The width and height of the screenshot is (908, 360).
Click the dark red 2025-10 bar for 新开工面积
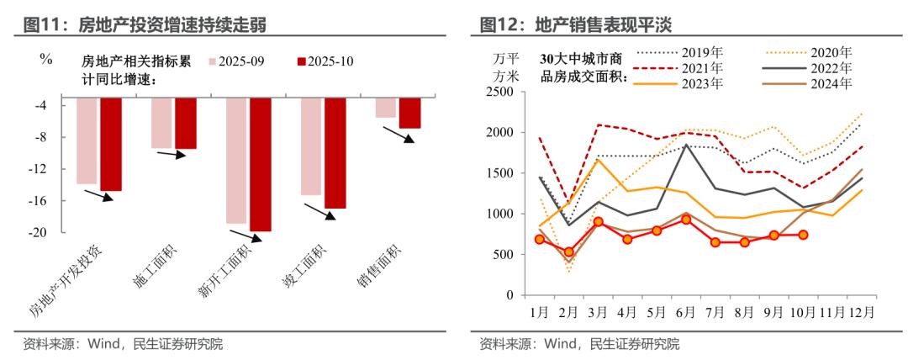(x=260, y=164)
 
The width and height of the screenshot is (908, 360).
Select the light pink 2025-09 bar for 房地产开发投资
(x=86, y=140)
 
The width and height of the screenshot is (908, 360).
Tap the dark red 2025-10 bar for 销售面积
(x=409, y=113)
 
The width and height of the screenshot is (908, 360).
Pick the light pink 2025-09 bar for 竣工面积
(x=310, y=146)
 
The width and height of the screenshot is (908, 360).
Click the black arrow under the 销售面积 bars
(x=398, y=135)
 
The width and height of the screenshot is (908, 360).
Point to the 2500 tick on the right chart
(x=501, y=92)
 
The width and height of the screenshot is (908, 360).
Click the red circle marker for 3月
(x=599, y=222)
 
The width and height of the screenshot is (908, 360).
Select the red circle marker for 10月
(x=802, y=236)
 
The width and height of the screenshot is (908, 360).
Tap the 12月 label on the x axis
(x=862, y=311)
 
